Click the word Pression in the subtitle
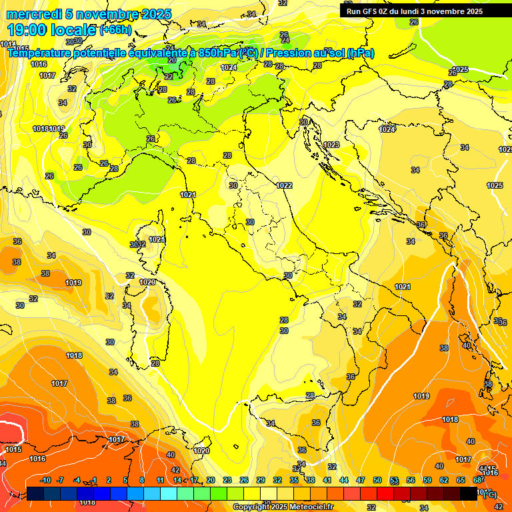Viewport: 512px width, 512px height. coord(289,53)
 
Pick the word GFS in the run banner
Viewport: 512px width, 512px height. coord(375,11)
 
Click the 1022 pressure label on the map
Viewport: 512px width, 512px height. coord(284,185)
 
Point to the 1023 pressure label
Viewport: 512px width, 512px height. coord(331,145)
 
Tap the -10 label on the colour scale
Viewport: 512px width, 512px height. coord(45,480)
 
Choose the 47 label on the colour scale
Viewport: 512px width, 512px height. coord(361,480)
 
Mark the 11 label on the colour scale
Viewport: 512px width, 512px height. coord(160,480)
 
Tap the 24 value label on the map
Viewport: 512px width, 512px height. coord(285,40)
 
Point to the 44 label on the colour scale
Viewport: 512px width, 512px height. coord(344,480)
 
